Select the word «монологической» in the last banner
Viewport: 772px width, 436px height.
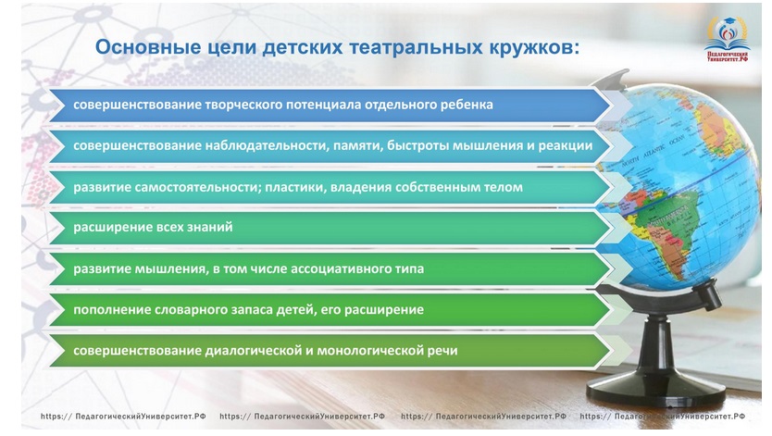[x=373, y=351]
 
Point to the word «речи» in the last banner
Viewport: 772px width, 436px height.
[x=445, y=351]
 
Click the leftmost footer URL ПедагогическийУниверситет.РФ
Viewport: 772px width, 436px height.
[x=123, y=417]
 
